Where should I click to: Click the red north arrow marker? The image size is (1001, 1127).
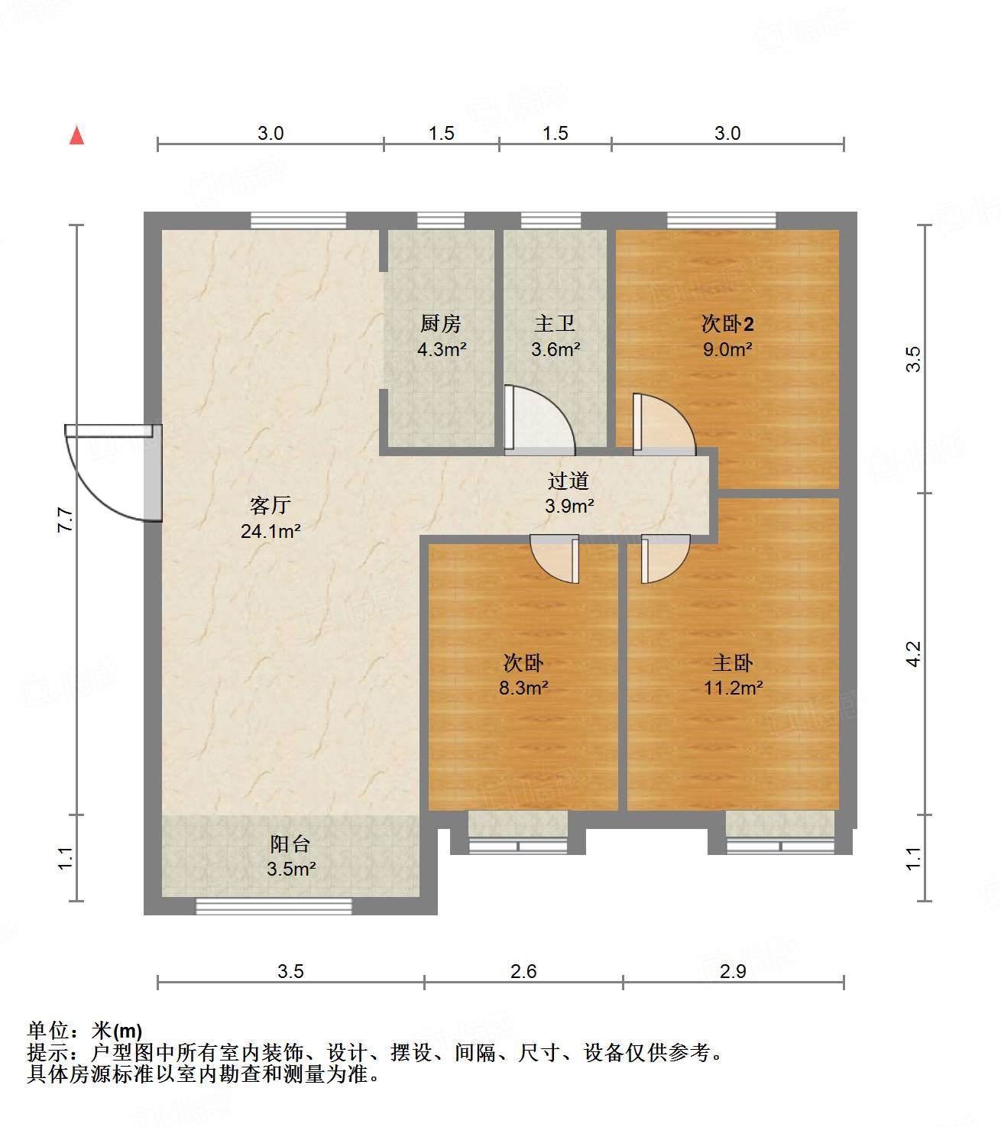pyautogui.click(x=76, y=135)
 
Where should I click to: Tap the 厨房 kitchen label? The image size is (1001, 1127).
pyautogui.click(x=441, y=324)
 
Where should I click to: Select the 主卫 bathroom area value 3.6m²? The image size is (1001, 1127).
pyautogui.click(x=556, y=350)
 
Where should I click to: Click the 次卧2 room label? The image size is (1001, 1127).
pyautogui.click(x=727, y=324)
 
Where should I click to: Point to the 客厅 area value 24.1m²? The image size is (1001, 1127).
pyautogui.click(x=270, y=531)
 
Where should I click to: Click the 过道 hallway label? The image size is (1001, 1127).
pyautogui.click(x=569, y=481)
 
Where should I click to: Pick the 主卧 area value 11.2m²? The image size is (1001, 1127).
pyautogui.click(x=733, y=688)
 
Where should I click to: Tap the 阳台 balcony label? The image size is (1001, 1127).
pyautogui.click(x=290, y=844)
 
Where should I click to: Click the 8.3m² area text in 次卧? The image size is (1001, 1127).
pyautogui.click(x=523, y=688)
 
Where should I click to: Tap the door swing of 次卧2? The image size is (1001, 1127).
pyautogui.click(x=663, y=424)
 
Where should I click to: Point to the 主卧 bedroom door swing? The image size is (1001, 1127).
pyautogui.click(x=665, y=558)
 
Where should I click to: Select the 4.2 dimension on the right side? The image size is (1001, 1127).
pyautogui.click(x=914, y=654)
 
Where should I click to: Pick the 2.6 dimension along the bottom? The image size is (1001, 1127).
pyautogui.click(x=523, y=971)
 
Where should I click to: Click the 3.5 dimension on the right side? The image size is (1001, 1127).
pyautogui.click(x=914, y=359)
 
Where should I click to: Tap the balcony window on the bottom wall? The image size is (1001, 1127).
pyautogui.click(x=274, y=906)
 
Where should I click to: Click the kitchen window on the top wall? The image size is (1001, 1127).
pyautogui.click(x=441, y=221)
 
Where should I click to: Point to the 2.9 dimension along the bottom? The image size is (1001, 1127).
pyautogui.click(x=733, y=971)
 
